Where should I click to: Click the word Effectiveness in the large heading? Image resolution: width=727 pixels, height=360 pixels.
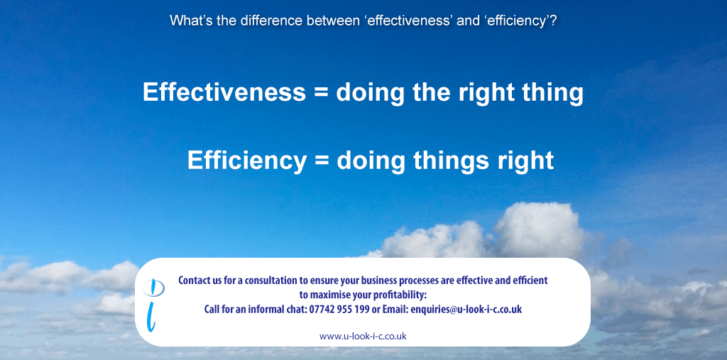tap(224, 92)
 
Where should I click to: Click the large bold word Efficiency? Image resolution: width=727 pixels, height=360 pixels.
tap(246, 160)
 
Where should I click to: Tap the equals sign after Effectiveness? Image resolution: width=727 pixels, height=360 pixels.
tap(321, 93)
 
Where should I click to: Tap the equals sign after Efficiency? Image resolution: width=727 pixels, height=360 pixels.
tap(322, 161)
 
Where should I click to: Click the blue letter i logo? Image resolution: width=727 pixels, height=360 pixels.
tap(153, 305)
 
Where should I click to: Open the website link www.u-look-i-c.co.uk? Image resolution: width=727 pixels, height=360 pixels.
tap(363, 337)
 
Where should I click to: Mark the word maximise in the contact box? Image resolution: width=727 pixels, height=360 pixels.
tap(332, 295)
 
